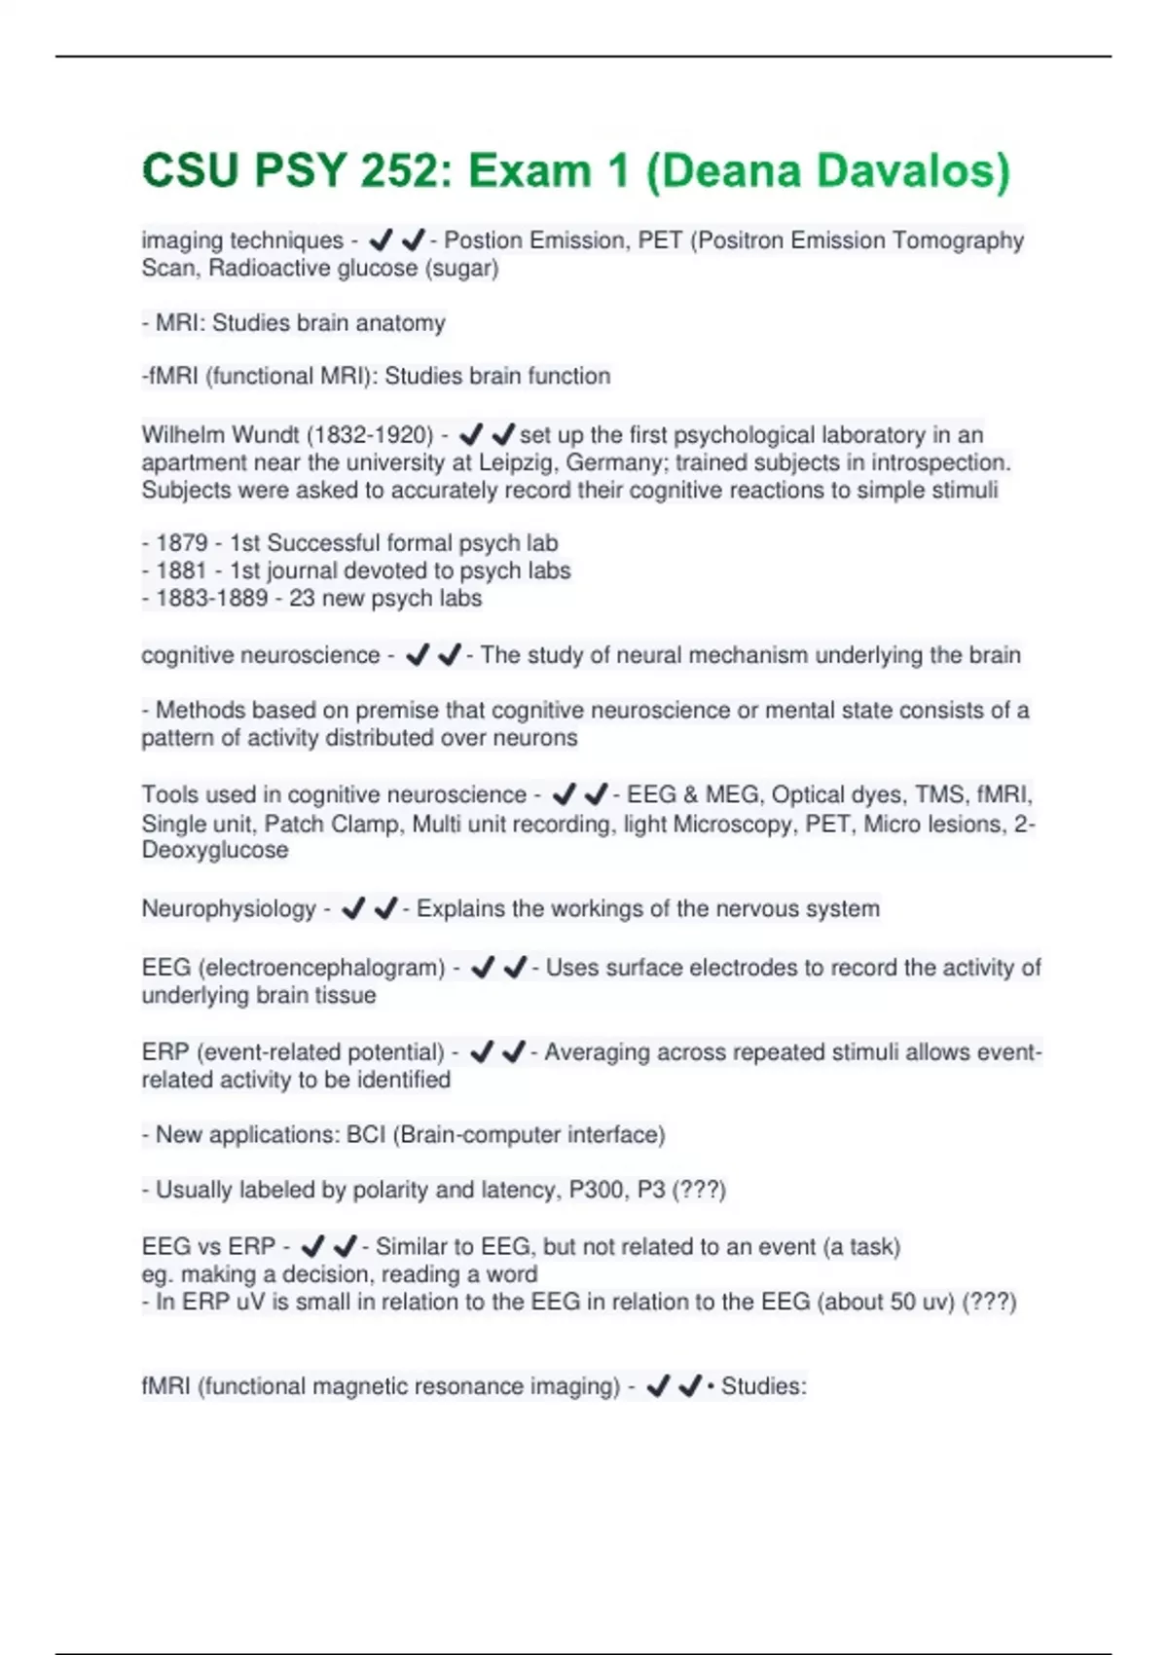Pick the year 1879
click(x=181, y=543)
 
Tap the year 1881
click(x=181, y=570)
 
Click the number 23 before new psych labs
click(x=302, y=598)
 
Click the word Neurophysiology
click(x=229, y=909)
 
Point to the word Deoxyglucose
click(x=215, y=850)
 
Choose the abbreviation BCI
click(x=366, y=1135)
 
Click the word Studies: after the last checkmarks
click(x=764, y=1386)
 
